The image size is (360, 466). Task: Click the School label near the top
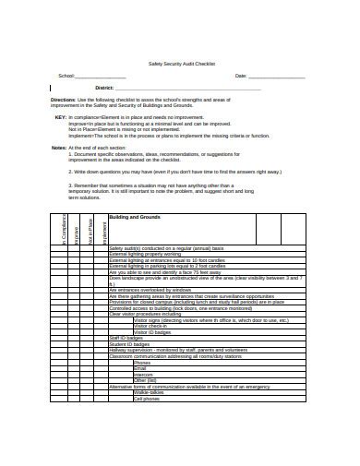66,76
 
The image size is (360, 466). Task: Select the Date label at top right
241,76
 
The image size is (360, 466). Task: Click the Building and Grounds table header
135,218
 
